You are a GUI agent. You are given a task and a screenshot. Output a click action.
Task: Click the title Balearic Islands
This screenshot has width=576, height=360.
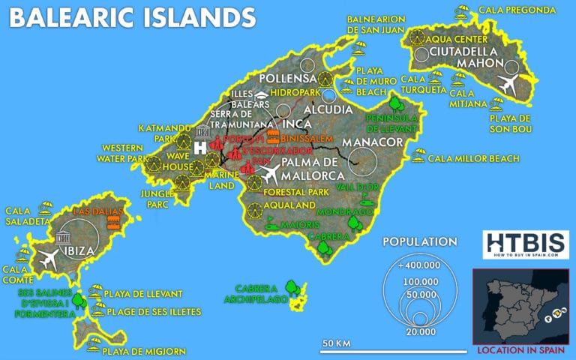click(132, 18)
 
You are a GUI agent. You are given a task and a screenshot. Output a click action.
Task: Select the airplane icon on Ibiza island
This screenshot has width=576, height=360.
click(49, 259)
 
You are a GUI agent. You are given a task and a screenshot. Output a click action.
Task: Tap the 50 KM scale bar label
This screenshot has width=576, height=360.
click(337, 343)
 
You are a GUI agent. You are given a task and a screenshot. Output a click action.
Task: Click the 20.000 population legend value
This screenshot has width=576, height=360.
click(418, 331)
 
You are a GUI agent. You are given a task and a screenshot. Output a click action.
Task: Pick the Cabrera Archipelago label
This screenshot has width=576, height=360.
click(256, 293)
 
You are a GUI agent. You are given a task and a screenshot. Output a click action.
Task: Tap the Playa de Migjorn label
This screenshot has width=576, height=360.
click(138, 349)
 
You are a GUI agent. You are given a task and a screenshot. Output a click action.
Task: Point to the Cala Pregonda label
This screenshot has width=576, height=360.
click(526, 10)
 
